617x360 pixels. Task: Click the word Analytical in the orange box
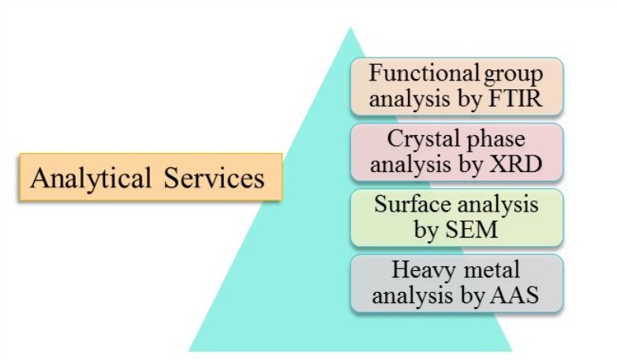click(91, 179)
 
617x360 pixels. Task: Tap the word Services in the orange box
click(214, 178)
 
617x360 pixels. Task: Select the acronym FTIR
click(515, 99)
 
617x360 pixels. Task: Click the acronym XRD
click(515, 164)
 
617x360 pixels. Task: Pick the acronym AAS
click(514, 295)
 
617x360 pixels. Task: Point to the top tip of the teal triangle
click(350, 27)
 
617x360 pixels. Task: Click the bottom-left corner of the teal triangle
click(189, 351)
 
